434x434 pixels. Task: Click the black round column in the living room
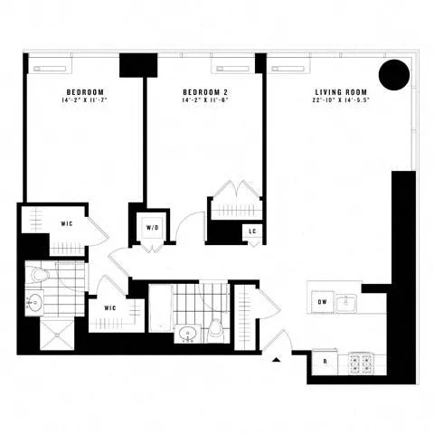point(394,75)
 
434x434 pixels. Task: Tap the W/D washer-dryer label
point(151,229)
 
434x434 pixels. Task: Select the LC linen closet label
point(253,231)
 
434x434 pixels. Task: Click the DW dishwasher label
point(323,302)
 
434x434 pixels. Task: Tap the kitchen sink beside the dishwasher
point(347,303)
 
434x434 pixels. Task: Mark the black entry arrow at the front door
point(276,362)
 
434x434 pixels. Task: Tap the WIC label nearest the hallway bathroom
point(110,308)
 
